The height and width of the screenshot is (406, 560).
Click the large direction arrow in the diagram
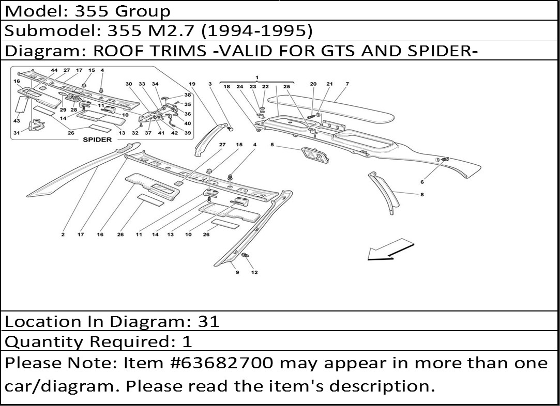[389, 249]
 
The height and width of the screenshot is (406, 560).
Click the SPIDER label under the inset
[97, 139]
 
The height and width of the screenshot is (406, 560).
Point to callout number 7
[347, 84]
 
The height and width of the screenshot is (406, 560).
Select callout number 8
[422, 195]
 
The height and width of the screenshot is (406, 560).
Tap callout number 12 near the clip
[254, 272]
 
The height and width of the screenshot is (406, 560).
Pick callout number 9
[237, 272]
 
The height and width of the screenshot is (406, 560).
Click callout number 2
[63, 235]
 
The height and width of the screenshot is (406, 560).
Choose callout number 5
[272, 145]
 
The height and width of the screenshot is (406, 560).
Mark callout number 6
[422, 182]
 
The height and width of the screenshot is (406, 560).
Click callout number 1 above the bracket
[257, 77]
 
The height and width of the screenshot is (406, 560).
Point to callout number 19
[192, 84]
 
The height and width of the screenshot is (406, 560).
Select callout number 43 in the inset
[17, 121]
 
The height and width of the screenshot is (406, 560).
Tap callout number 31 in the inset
[17, 133]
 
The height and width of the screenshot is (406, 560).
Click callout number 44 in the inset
[54, 70]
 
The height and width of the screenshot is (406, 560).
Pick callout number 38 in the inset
[187, 95]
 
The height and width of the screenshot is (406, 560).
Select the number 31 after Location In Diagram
[209, 322]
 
